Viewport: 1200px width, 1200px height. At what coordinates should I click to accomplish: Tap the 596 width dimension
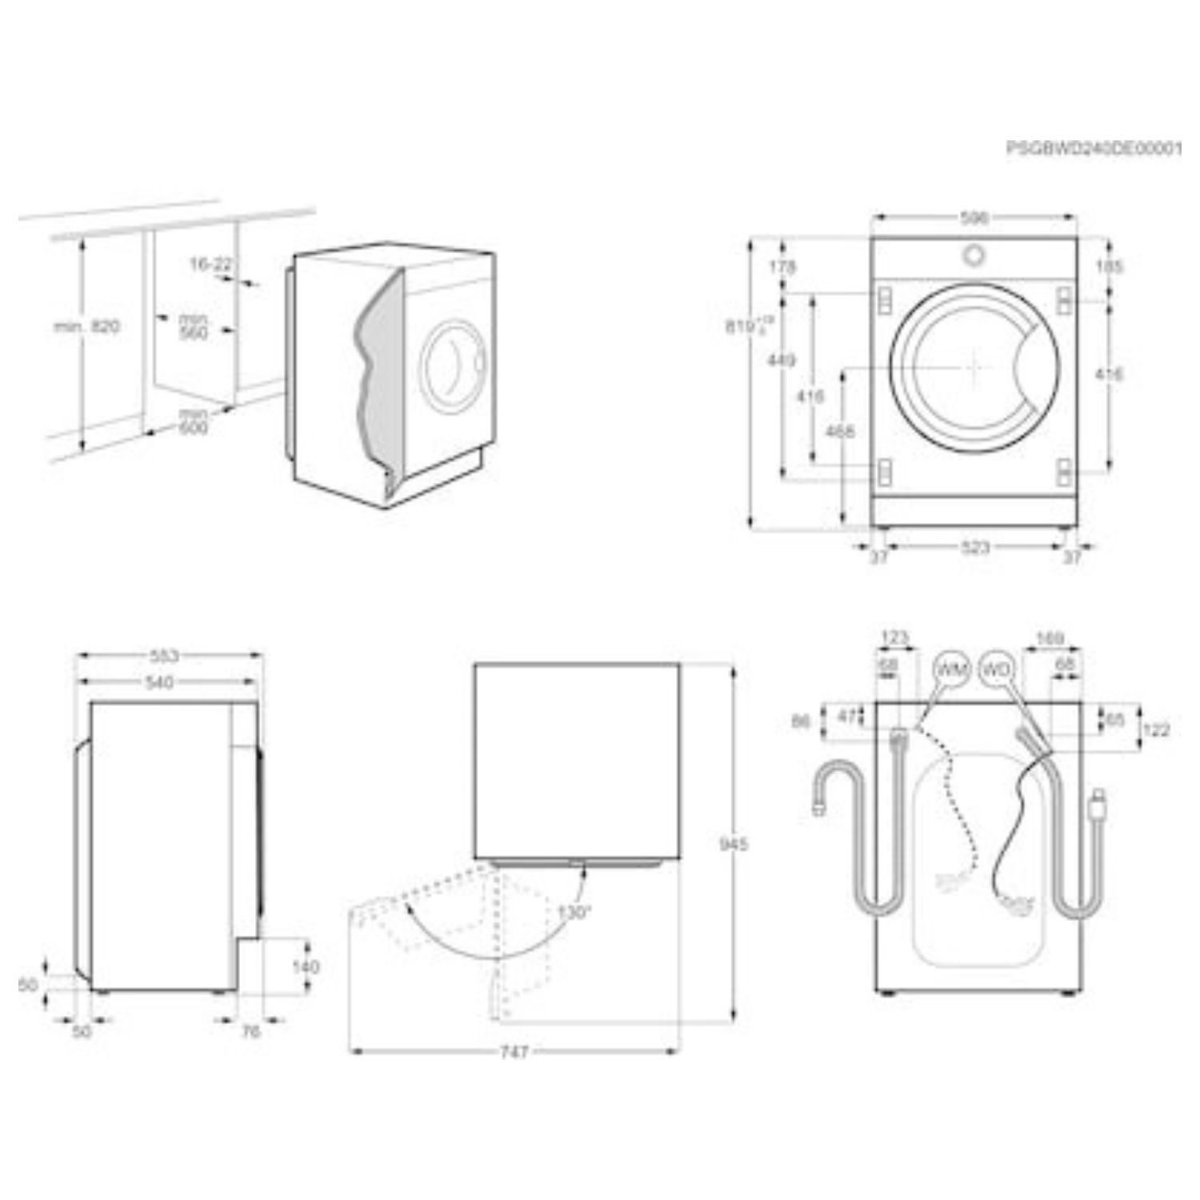coord(974,218)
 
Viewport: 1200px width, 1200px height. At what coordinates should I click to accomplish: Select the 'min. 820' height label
coord(87,326)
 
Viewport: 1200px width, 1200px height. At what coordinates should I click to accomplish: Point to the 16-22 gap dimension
coord(210,264)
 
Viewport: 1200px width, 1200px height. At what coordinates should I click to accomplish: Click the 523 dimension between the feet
coord(974,548)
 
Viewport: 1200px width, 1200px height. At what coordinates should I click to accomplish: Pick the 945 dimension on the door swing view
coord(733,845)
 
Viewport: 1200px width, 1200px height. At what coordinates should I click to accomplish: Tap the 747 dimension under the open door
coord(514,1052)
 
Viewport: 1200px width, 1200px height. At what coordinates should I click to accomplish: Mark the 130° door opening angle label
coord(575,911)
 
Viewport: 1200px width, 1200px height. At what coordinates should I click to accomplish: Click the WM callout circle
coord(951,670)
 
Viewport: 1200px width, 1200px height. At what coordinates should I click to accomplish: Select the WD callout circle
coord(996,670)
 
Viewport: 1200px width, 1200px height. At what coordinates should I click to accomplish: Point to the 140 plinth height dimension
coord(305,967)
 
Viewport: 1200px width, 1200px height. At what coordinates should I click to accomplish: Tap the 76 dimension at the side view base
coord(251,1032)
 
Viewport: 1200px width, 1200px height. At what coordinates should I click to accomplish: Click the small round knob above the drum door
coord(974,254)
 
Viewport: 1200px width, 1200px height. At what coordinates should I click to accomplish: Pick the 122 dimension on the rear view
coord(1156,730)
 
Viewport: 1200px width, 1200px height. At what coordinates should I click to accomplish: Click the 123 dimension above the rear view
coord(894,638)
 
